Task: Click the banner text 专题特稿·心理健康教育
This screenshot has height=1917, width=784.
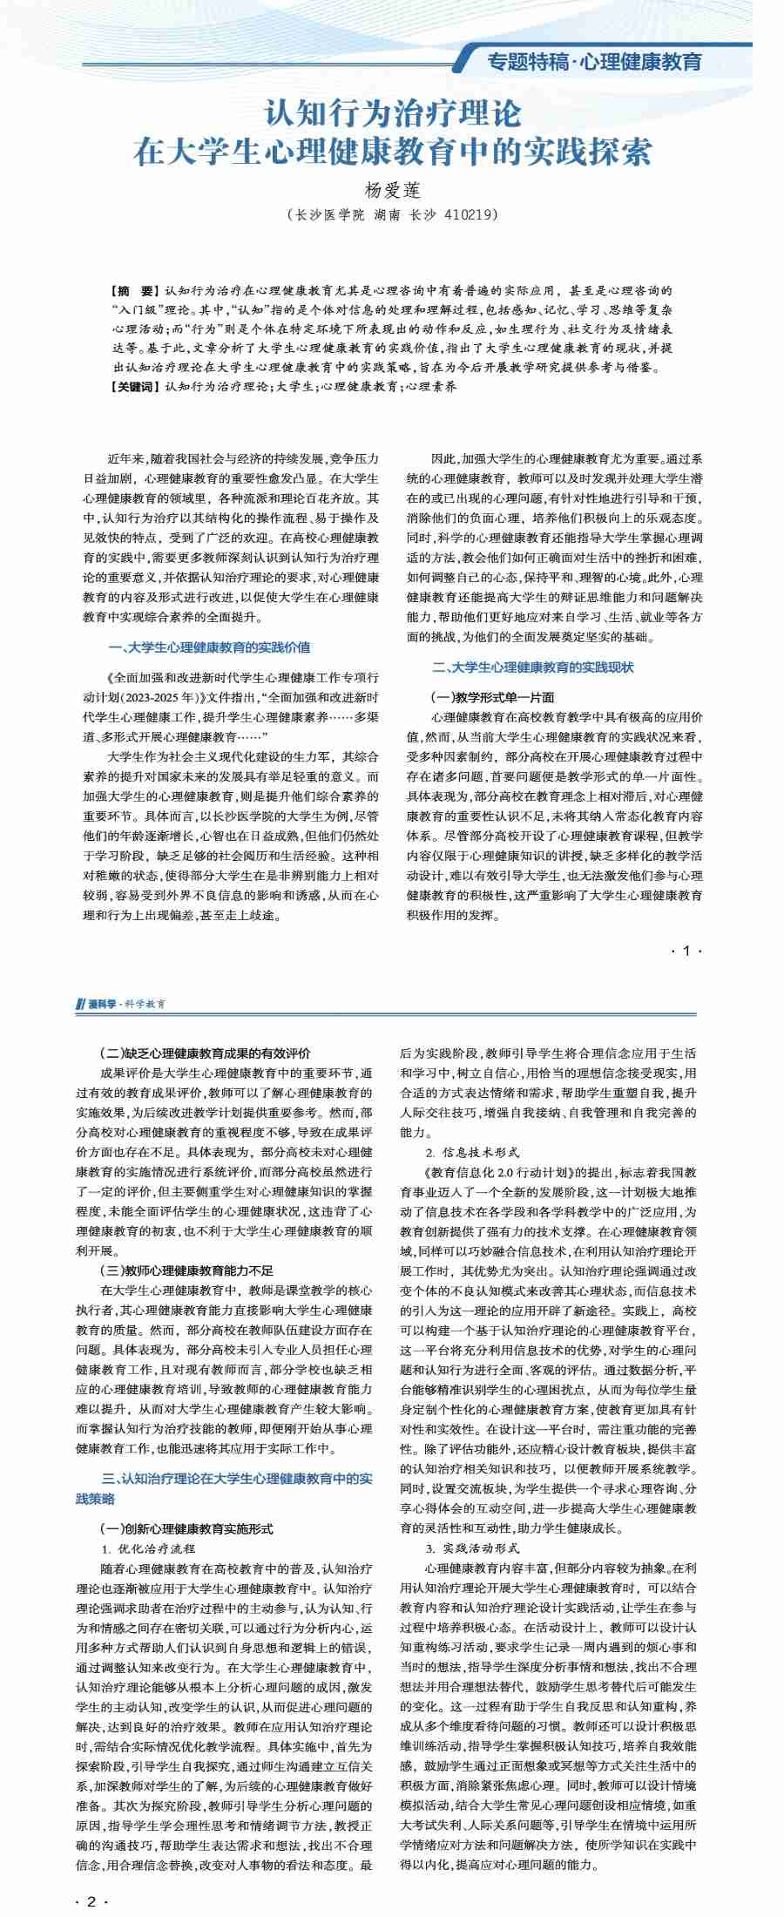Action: point(594,62)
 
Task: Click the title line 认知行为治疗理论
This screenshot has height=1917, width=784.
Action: point(393,113)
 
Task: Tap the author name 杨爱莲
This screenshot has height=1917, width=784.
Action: point(392,189)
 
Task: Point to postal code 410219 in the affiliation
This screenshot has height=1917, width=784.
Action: point(470,214)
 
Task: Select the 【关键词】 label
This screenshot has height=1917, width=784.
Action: point(135,386)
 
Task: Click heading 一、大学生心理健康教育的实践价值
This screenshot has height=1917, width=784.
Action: point(209,647)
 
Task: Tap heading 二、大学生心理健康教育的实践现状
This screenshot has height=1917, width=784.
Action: point(533,667)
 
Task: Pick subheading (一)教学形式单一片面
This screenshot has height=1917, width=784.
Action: point(492,697)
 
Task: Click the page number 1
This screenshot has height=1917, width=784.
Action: point(686,951)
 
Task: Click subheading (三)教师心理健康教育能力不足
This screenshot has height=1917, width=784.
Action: point(186,1270)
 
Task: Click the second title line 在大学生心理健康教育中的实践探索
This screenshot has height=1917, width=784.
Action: point(393,152)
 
